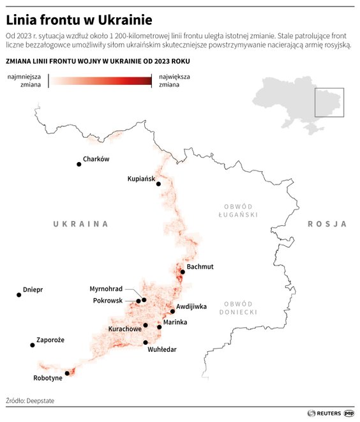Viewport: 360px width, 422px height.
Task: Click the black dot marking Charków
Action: tap(79, 164)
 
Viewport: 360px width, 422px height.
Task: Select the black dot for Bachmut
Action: tap(183, 272)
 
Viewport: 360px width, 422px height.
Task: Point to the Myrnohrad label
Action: tap(106, 289)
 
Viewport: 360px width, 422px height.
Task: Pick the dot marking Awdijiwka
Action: tap(172, 312)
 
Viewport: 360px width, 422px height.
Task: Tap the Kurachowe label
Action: tap(125, 329)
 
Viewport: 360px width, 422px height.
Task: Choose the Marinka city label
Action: tap(176, 322)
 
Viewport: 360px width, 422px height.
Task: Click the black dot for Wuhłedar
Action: tap(146, 342)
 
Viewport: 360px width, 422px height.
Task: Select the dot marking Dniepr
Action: tap(19, 295)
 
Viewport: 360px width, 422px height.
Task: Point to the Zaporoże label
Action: tap(50, 340)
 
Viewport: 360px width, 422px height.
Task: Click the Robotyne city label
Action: tap(48, 378)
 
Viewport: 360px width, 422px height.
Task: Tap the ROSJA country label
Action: tap(327, 224)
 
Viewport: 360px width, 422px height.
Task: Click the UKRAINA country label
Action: tap(80, 224)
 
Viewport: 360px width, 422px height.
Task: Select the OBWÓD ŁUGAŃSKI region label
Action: tap(239, 211)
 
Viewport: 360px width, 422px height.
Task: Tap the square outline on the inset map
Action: tap(329, 102)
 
